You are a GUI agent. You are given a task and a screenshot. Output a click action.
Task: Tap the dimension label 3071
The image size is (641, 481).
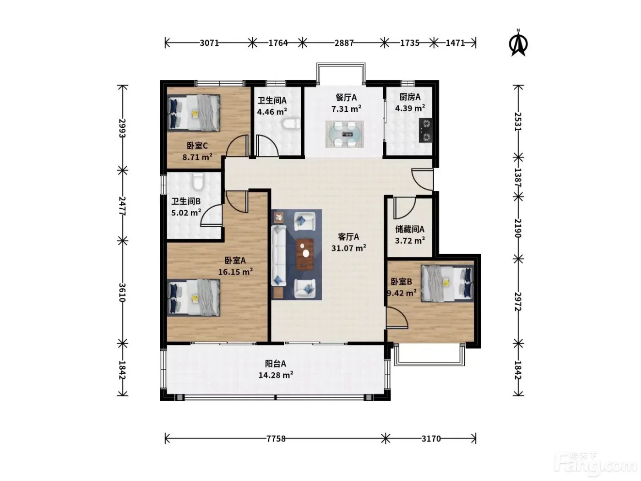pos(209,43)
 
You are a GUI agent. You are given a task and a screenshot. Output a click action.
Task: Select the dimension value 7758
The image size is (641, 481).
pos(276,439)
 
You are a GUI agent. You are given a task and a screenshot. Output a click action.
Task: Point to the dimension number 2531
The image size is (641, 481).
pos(518,121)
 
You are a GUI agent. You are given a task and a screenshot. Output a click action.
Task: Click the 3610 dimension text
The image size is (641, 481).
pos(122,292)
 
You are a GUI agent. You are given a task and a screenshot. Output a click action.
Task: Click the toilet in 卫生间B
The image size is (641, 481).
pos(198,181)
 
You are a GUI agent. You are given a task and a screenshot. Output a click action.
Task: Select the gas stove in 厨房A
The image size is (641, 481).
pos(425,130)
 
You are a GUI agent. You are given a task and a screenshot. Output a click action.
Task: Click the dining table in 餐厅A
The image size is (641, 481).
pos(345,134)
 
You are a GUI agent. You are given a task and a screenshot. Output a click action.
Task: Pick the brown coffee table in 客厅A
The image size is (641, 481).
pos(305,254)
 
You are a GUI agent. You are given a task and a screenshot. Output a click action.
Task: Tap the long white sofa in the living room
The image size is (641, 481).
pos(278,255)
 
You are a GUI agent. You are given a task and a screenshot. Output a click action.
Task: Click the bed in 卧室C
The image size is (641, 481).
pos(194,113)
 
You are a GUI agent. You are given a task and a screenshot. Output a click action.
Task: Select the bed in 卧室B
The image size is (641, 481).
pos(447,283)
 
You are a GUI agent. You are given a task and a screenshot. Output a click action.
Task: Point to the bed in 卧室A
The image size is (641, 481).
pos(194,298)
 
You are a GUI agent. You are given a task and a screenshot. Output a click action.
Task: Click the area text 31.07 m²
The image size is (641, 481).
pos(349,248)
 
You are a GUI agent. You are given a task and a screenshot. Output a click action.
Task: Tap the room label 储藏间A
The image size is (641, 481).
pos(409,229)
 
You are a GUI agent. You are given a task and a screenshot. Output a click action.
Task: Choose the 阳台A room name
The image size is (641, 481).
pos(275,364)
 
